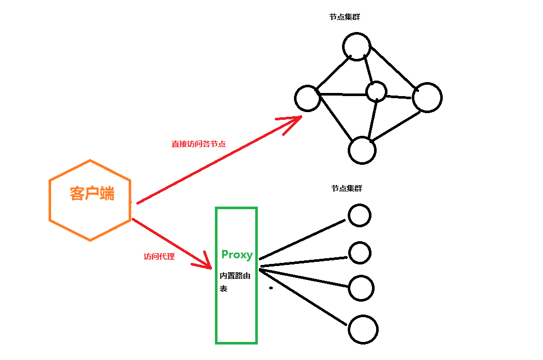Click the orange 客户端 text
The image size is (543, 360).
(92, 194)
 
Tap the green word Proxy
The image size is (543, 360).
(237, 254)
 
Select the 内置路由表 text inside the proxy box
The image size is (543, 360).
(235, 282)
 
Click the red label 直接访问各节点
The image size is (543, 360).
(198, 144)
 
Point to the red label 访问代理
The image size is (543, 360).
(159, 256)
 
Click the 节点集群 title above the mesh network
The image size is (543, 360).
(345, 17)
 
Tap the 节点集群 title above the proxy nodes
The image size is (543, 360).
(347, 189)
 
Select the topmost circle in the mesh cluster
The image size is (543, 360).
(356, 46)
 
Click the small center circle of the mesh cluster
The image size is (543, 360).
(376, 92)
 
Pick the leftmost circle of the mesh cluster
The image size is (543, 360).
(308, 98)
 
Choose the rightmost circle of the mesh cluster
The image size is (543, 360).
(427, 97)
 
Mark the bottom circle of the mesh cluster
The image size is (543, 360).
(362, 150)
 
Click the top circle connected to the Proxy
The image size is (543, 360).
(359, 215)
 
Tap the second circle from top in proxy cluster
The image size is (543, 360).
(360, 253)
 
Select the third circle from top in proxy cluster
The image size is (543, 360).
(361, 288)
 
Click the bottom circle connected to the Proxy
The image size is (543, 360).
(363, 330)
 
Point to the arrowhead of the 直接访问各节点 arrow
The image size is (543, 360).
(294, 121)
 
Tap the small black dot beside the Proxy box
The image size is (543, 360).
(271, 288)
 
